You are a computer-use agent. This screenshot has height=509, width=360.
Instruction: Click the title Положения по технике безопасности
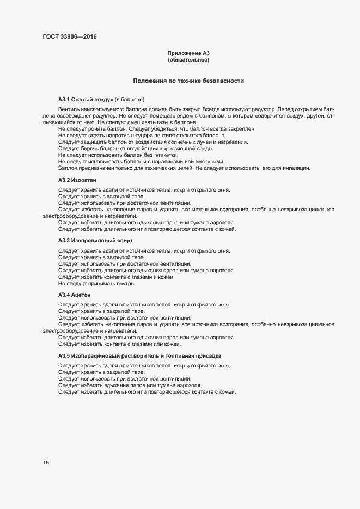click(188, 81)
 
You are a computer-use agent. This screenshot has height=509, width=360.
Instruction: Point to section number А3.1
click(65, 100)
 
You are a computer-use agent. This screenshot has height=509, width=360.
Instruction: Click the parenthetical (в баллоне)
click(129, 100)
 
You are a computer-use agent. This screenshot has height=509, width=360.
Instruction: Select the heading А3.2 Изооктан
click(78, 179)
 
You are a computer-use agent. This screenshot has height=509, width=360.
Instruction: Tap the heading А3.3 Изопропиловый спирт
click(95, 240)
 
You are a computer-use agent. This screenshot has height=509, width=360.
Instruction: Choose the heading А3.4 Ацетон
click(76, 295)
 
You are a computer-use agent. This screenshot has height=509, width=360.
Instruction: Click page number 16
click(46, 463)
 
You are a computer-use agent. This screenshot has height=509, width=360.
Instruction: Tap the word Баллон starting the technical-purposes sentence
click(68, 168)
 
